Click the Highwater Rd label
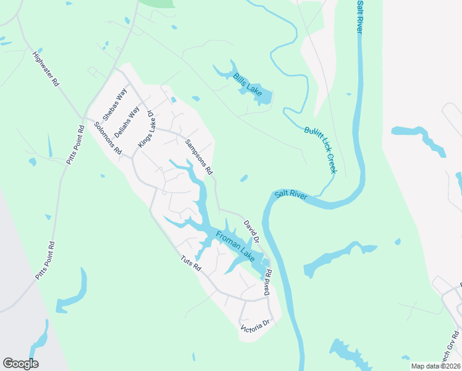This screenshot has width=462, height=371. tap(46, 69)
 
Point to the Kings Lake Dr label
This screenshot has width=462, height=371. tap(145, 129)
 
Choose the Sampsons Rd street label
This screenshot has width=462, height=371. tap(198, 156)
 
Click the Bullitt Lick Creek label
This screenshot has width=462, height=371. tap(320, 150)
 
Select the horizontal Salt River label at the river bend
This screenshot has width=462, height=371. tap(291, 194)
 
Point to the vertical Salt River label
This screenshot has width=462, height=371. tap(359, 17)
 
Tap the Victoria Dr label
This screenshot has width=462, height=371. tap(256, 325)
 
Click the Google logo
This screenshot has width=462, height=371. tap(20, 364)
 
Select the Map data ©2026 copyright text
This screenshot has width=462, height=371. tap(436, 366)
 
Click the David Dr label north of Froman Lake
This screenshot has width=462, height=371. tap(251, 230)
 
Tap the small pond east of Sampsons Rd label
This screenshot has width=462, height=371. tap(244, 179)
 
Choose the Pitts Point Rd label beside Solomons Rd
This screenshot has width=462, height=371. tap(75, 145)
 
